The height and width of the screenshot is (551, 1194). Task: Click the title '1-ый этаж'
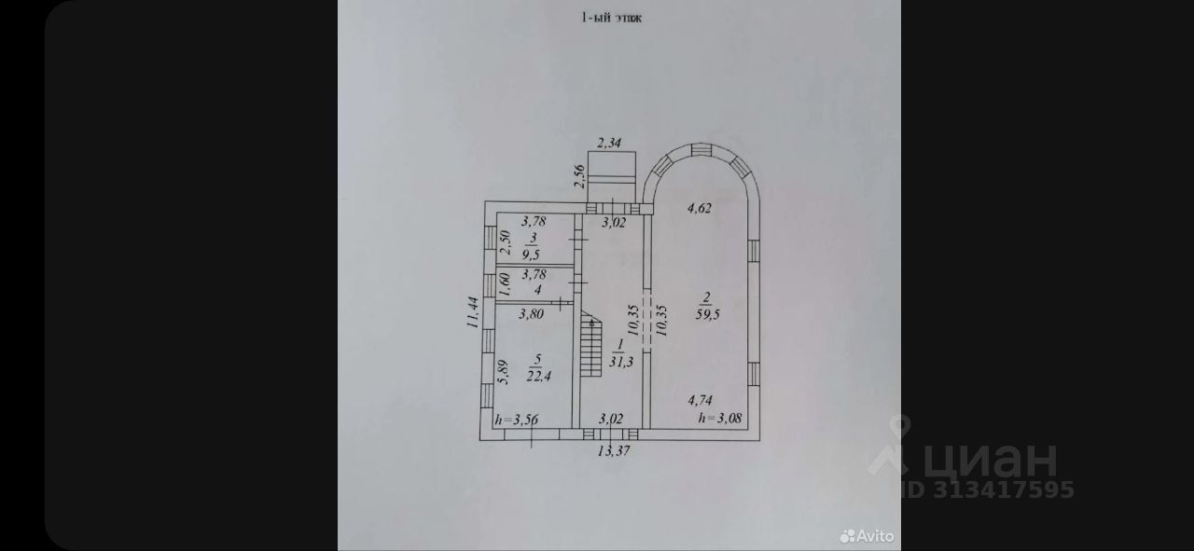coord(611,17)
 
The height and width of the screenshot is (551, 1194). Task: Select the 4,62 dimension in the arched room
coord(699,208)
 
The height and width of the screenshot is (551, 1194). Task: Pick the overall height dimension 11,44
coord(472,313)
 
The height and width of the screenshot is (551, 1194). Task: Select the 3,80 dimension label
coord(531,314)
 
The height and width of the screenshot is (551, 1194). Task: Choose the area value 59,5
coord(706,314)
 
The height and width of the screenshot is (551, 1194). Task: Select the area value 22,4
coord(535,376)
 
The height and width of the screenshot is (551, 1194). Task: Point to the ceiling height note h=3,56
coord(517,419)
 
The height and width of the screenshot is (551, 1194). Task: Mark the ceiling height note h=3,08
coord(719,418)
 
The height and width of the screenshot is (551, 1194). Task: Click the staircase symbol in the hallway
coord(590,345)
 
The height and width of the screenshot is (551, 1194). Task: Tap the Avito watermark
coord(867,536)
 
